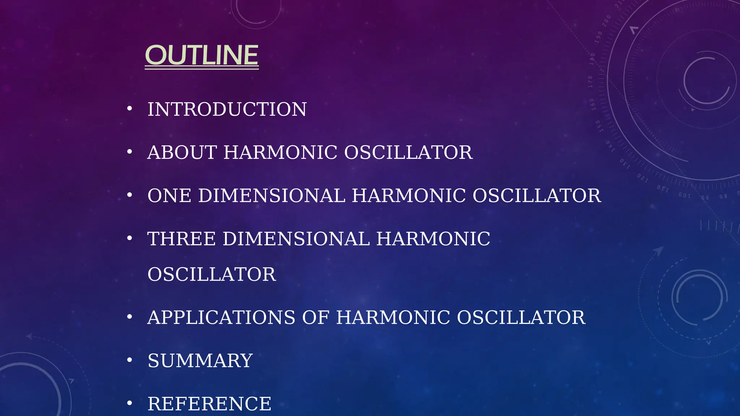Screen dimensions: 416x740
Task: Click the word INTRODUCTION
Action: point(227,109)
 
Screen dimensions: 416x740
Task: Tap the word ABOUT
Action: point(182,152)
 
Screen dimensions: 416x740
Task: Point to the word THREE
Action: point(181,239)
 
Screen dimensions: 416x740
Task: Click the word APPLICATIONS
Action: point(221,317)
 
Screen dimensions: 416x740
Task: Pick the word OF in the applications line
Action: point(315,317)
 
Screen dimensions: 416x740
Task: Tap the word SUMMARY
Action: point(200,360)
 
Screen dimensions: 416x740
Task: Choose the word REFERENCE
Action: point(209,403)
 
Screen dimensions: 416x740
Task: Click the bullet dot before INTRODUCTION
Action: point(130,108)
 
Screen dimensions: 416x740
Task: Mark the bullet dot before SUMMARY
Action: point(130,360)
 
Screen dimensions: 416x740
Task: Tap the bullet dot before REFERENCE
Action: point(130,403)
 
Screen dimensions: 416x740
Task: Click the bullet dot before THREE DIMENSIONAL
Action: point(130,238)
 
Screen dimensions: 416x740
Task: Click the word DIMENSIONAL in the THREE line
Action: point(296,239)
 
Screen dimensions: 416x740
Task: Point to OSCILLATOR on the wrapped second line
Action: point(212,274)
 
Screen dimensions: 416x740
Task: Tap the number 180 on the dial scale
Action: point(592,59)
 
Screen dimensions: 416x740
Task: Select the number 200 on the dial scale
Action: point(607,21)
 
